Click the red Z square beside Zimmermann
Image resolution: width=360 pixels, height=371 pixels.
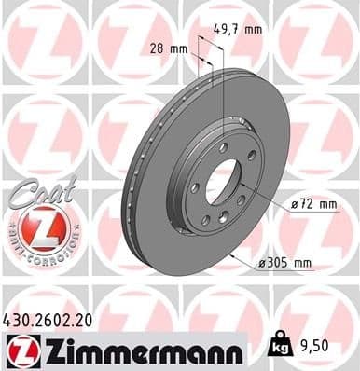21,350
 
